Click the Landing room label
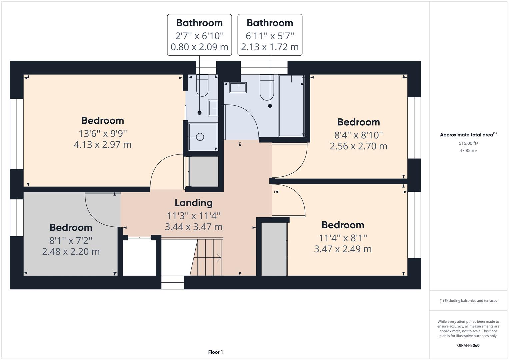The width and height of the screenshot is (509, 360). coord(193,203)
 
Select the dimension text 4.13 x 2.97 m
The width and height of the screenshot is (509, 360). coord(102,145)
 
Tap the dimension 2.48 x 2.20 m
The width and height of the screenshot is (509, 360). coord(71,251)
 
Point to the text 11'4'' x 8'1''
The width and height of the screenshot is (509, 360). coord(343,238)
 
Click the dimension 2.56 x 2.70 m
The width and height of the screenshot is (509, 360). coord(358,146)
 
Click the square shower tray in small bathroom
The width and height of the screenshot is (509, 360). coord(203,137)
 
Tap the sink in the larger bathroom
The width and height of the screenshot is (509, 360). coord(238,88)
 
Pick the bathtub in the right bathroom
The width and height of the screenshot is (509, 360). coord(291,105)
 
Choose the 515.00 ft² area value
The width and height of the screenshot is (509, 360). coord(468,143)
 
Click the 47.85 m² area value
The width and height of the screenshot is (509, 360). coord(468,150)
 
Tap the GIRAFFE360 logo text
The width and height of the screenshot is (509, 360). coord(468,345)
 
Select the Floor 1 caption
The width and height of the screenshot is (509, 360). coord(215,352)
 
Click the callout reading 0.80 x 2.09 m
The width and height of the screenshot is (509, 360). coord(199,47)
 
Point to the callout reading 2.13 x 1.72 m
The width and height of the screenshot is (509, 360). coord(270,47)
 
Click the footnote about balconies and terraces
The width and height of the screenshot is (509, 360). coord(468,301)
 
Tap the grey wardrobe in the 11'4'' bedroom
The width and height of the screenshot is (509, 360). coord(274,249)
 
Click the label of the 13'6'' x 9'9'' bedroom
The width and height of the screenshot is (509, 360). coord(102,120)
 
